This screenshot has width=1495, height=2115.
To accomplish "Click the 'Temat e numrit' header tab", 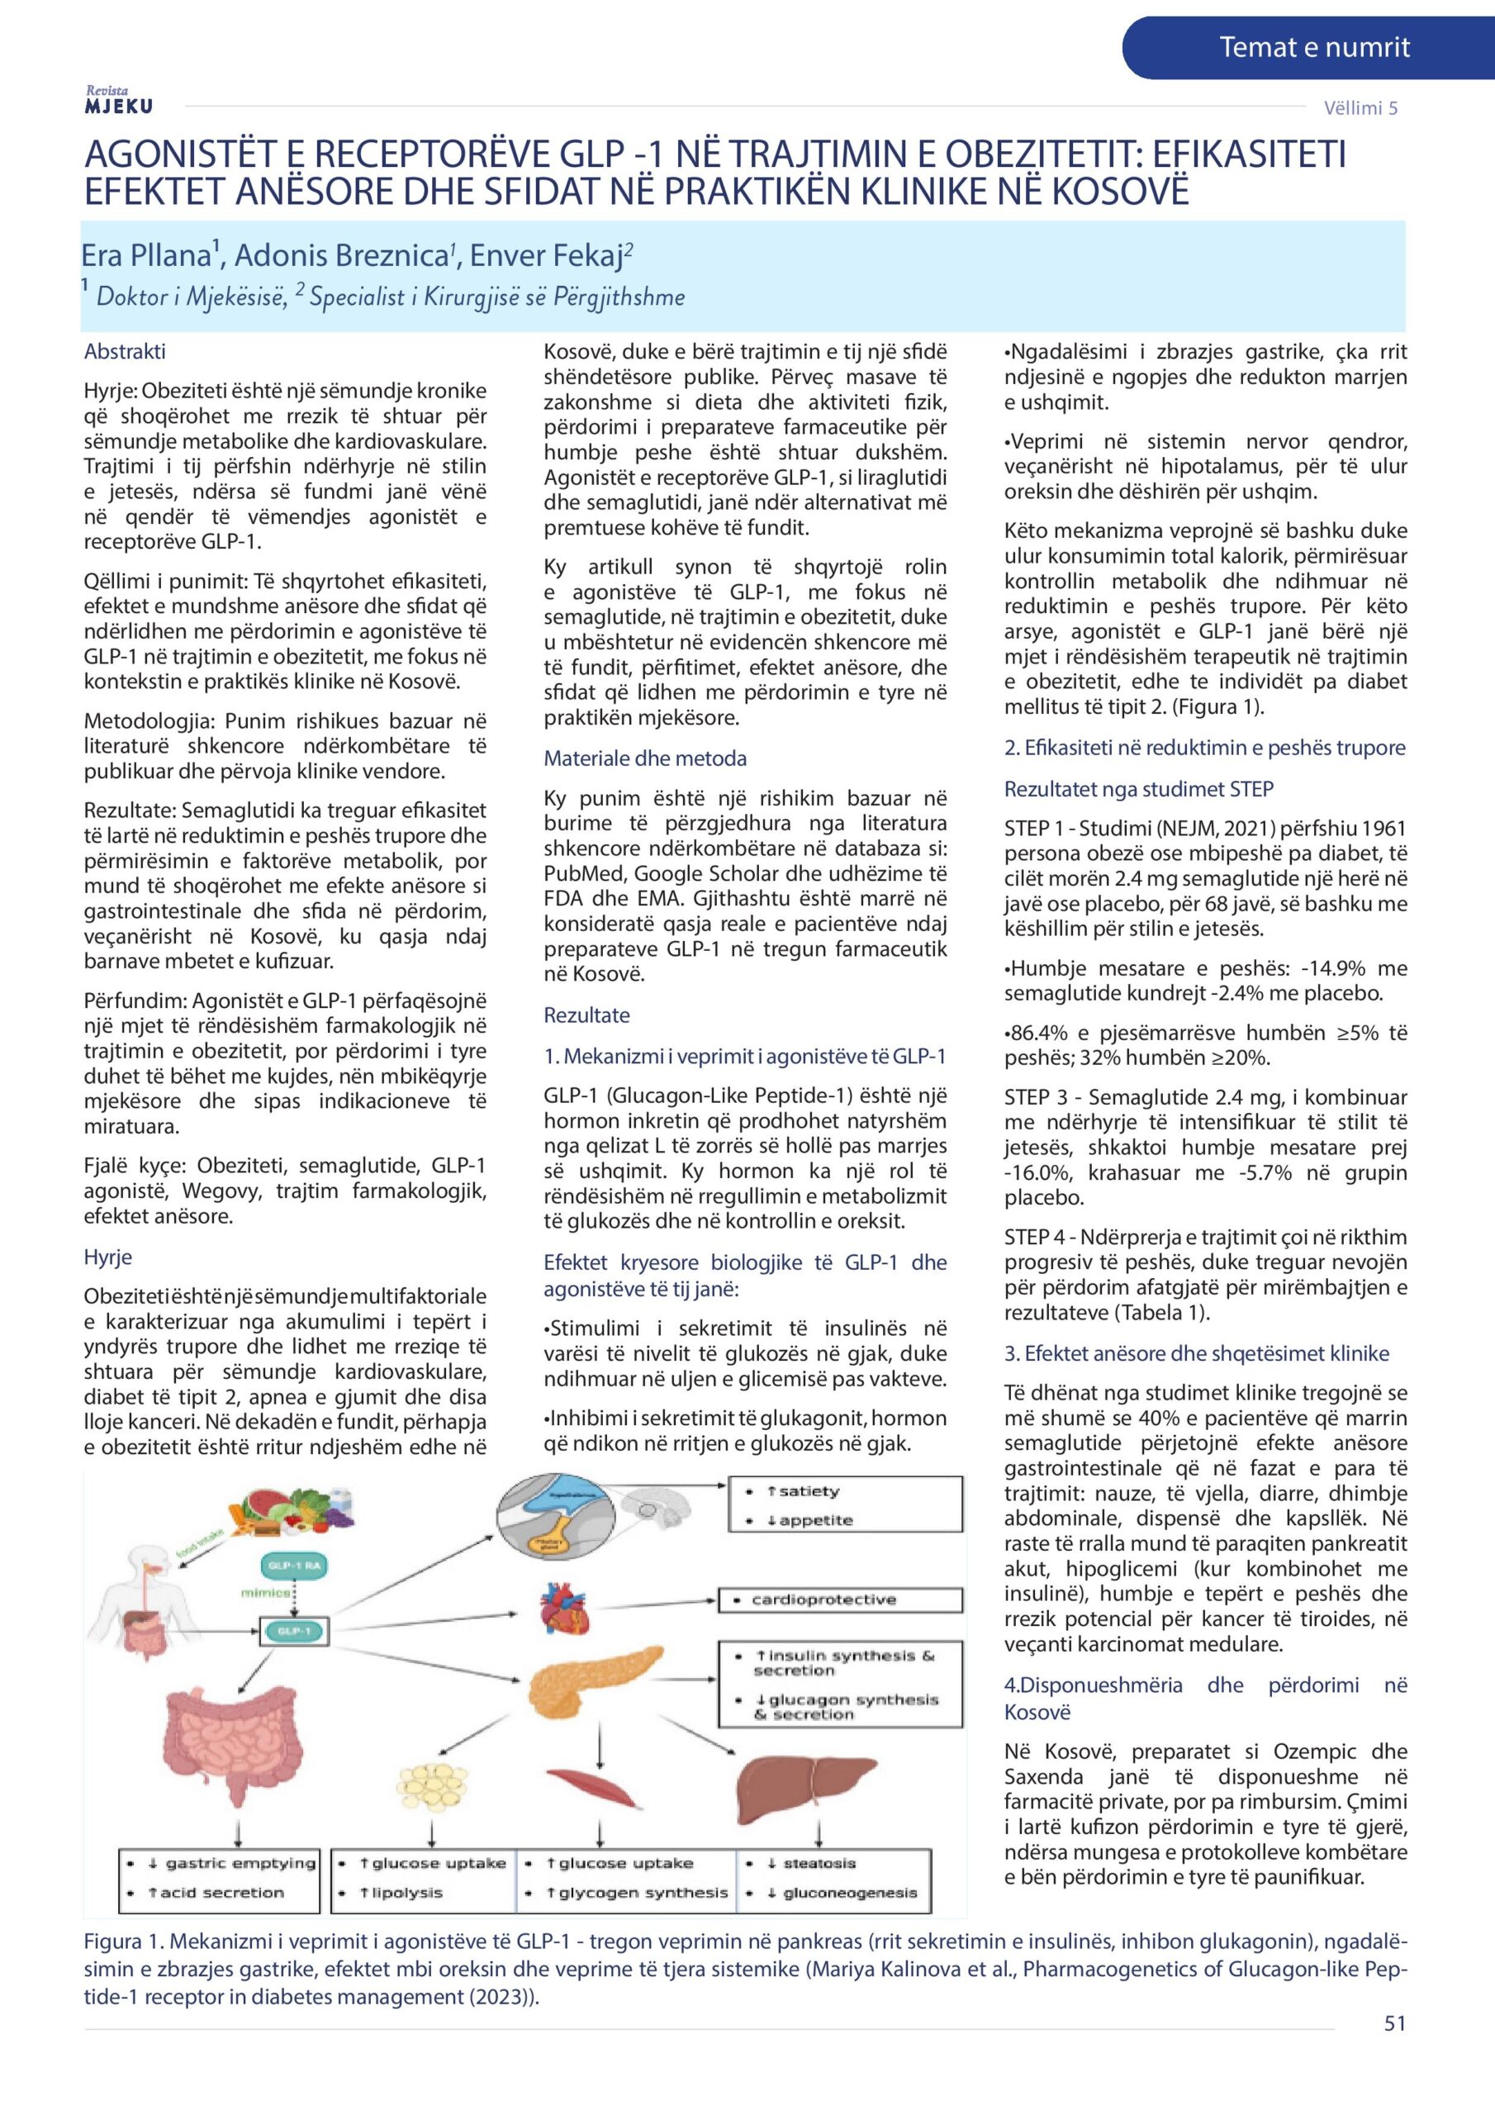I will click(1313, 48).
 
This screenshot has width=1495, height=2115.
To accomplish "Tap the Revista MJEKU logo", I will click(118, 101).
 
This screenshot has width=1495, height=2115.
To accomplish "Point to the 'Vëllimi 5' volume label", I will click(1360, 107).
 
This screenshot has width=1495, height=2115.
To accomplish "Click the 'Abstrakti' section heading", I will click(125, 351).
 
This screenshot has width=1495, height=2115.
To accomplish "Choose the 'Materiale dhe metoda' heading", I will click(644, 758).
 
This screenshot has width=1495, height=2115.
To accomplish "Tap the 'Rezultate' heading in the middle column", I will click(586, 1015).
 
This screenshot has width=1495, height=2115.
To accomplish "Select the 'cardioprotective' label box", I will click(840, 1600).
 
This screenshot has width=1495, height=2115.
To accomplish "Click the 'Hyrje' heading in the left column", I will click(107, 1257).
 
